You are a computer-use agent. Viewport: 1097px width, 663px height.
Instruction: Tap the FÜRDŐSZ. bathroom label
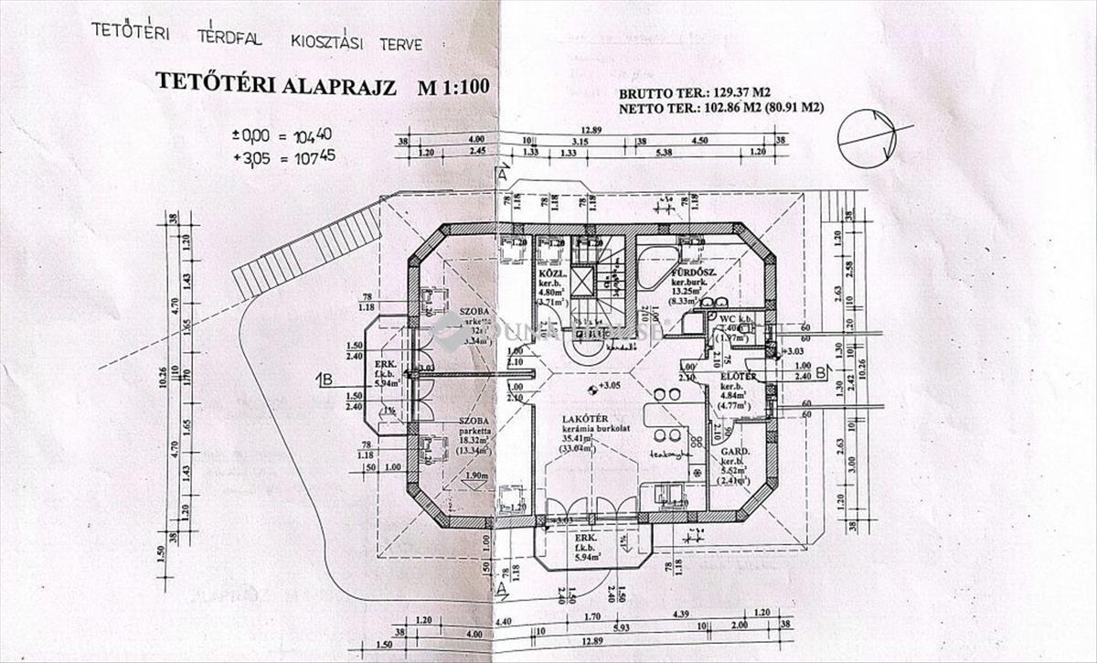(693, 273)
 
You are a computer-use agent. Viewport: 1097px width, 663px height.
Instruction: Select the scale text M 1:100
(454, 87)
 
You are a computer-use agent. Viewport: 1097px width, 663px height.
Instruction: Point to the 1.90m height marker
(474, 476)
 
